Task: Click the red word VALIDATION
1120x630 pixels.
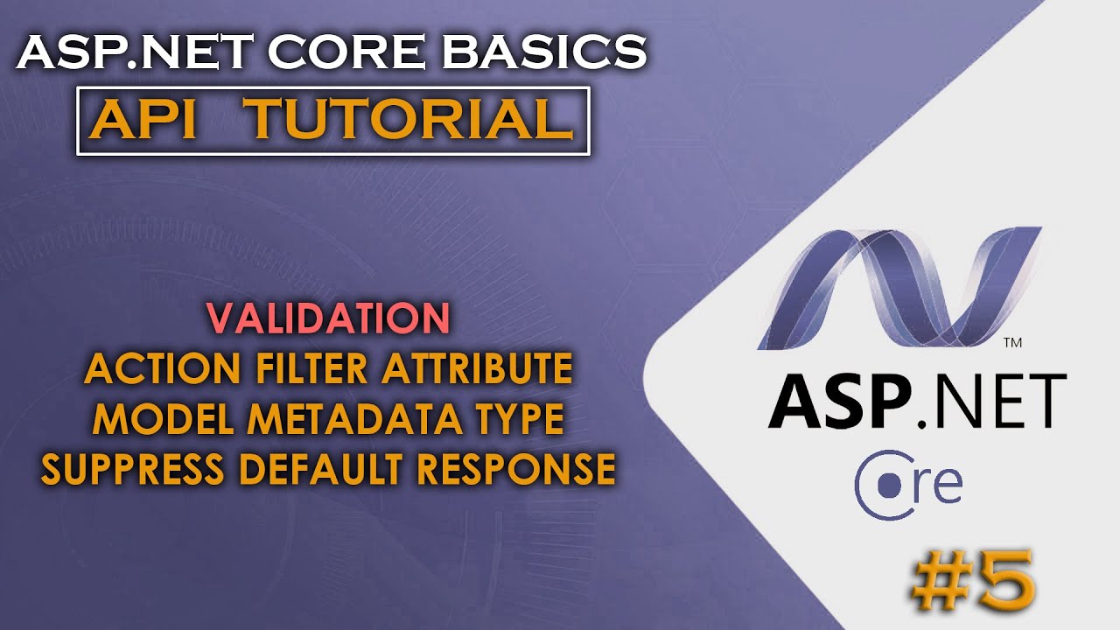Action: pos(329,319)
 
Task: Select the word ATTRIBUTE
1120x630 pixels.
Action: pos(477,370)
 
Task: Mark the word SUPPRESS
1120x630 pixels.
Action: pos(133,471)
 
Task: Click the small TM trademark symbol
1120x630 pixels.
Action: pos(1012,342)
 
